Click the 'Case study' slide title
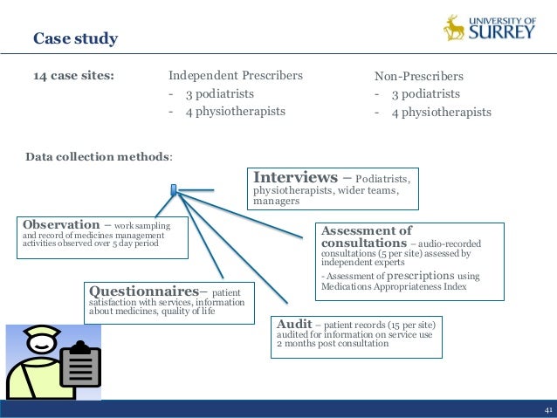pos(75,39)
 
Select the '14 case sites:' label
pos(73,75)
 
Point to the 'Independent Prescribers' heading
pos(236,75)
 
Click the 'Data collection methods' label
pos(99,157)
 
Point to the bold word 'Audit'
pos(293,322)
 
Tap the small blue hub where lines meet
pos(174,188)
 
